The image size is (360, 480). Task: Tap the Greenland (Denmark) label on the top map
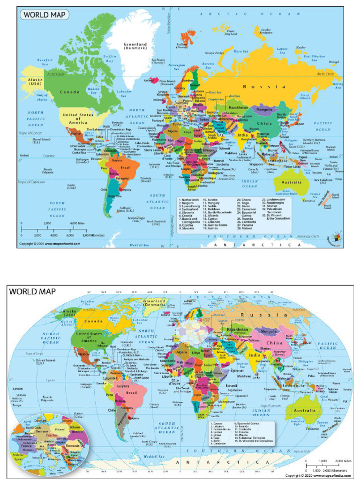point(135,46)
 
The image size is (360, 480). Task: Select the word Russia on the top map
point(264,87)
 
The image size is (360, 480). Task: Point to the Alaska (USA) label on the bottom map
point(69,312)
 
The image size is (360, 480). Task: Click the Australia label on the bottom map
point(305,411)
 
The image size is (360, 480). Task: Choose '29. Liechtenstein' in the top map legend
point(275,199)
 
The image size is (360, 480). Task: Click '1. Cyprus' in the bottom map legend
point(219,423)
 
